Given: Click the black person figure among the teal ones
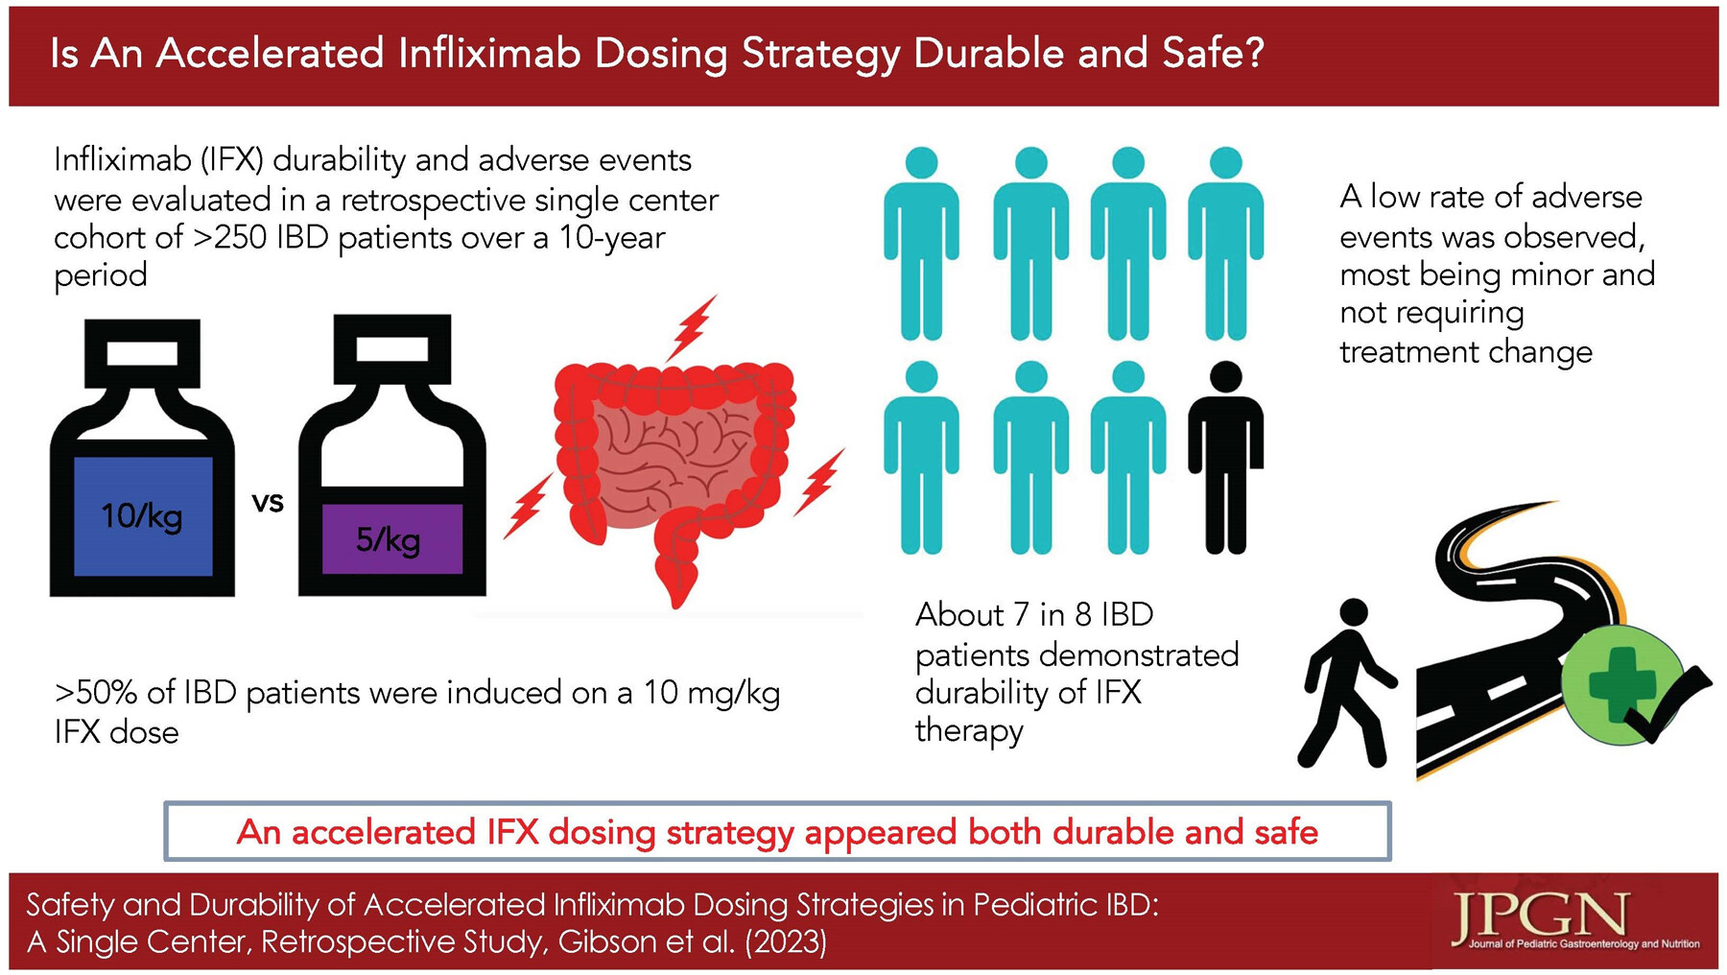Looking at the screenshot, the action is pyautogui.click(x=1225, y=457).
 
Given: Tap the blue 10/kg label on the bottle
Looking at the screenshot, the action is pyautogui.click(x=143, y=516).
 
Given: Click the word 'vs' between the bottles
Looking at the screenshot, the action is pyautogui.click(x=268, y=502).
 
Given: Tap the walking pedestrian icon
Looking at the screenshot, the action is pyautogui.click(x=1346, y=682).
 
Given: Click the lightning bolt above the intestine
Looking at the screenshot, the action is pyautogui.click(x=693, y=328).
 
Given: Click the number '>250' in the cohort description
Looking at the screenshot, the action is pyautogui.click(x=230, y=237).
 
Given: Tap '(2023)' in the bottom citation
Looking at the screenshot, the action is pyautogui.click(x=786, y=941).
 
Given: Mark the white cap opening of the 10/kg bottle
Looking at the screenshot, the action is pyautogui.click(x=142, y=353).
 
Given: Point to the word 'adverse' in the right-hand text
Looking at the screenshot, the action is pyautogui.click(x=1587, y=197).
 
